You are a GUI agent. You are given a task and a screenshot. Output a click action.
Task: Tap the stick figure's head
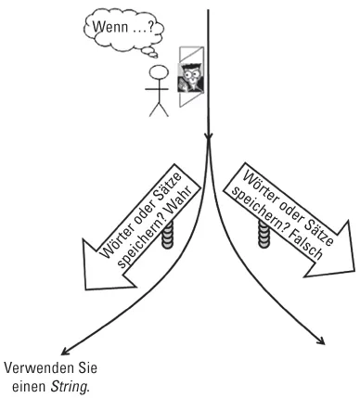[x=159, y=75]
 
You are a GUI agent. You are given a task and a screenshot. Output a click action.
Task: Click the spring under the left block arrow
[x=166, y=237]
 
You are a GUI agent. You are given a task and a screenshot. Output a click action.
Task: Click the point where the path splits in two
[x=210, y=139]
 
